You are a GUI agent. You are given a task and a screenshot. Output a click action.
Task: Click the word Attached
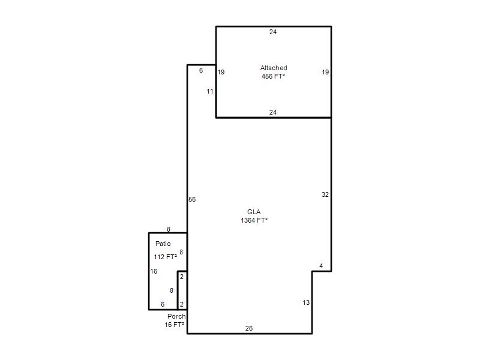pos(274,68)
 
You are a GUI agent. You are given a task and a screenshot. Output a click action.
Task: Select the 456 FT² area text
pos(274,76)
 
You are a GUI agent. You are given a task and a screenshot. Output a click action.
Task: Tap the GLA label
pos(254,212)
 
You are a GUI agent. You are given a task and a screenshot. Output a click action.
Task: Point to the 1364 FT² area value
pos(254,220)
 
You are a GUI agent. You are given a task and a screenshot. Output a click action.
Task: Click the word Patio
pos(163,244)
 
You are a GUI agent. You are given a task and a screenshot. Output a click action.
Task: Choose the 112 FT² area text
pos(166,257)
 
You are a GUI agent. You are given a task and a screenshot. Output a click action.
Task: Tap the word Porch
pos(176,316)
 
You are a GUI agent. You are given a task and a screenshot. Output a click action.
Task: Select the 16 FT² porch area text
pos(175,325)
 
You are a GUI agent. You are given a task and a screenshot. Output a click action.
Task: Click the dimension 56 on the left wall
pos(192,199)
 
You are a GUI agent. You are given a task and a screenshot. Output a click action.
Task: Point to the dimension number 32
pos(325,194)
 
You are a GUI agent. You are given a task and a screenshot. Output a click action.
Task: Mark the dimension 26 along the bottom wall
pos(249,328)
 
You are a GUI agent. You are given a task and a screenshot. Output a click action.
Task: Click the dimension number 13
pos(306,302)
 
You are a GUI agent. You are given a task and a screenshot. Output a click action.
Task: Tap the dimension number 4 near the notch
pos(321,266)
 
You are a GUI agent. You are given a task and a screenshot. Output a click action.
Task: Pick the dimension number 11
pos(210,91)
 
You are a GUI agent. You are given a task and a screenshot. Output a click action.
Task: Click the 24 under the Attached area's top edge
pos(273,32)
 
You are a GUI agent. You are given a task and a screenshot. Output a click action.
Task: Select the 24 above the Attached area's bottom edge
pos(273,112)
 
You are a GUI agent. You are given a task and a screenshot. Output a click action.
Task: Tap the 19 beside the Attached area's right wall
pos(325,72)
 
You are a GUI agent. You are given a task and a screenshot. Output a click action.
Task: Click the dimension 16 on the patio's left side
pos(154,271)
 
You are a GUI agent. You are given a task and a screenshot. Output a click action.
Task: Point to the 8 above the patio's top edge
pos(169,229)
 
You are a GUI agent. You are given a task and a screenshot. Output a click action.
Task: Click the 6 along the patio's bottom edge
pos(163,304)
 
